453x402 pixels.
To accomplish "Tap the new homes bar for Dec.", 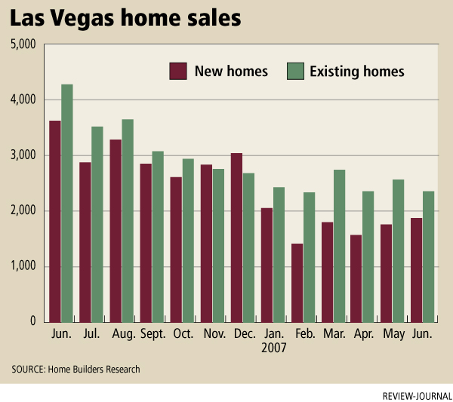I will click(x=236, y=238).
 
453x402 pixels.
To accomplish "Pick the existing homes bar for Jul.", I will click(x=97, y=224).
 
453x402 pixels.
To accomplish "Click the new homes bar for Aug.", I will click(x=116, y=231).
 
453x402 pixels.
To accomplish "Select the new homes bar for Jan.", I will click(x=267, y=265).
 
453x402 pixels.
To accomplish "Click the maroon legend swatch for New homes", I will click(x=177, y=72).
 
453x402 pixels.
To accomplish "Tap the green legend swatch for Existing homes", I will click(x=295, y=72).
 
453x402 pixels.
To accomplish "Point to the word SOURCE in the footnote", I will click(x=28, y=369).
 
